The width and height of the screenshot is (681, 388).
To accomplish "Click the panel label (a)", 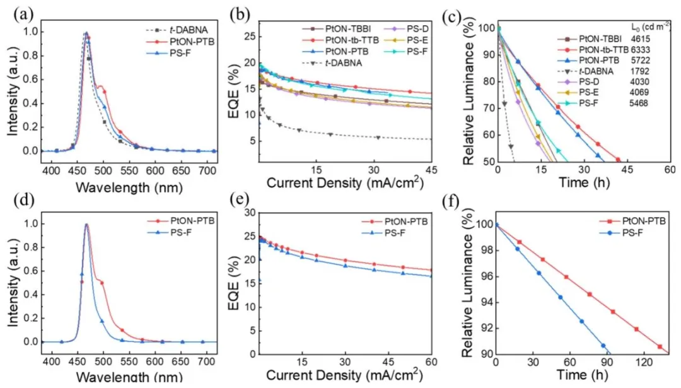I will (x=17, y=9).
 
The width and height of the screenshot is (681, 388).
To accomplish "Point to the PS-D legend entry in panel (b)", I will (x=413, y=28).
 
